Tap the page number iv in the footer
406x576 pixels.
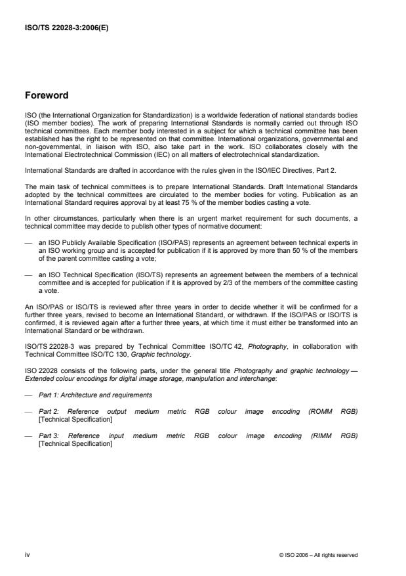[x=27, y=555]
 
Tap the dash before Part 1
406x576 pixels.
[x=27, y=395]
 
